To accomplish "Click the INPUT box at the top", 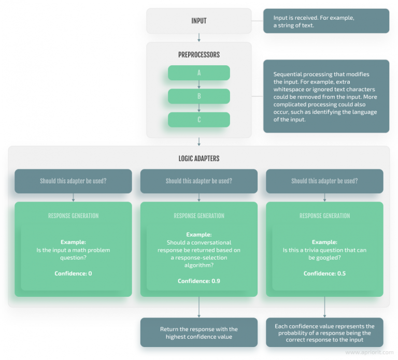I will click(x=198, y=21).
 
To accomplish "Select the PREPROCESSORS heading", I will click(x=198, y=54).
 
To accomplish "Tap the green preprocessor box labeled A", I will click(x=198, y=73).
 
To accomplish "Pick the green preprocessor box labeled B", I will click(x=198, y=96).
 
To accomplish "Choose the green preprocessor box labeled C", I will click(x=198, y=120).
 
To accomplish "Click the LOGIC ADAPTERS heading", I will click(x=198, y=158).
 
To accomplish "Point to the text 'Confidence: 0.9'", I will click(x=198, y=281).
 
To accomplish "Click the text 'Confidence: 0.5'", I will click(x=324, y=273).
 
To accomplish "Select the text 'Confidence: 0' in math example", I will click(x=73, y=273).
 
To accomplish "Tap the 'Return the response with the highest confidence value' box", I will click(x=198, y=333).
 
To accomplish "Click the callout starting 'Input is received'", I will click(x=326, y=21).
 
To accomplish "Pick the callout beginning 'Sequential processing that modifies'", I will click(x=326, y=96).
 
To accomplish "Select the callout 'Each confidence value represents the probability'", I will click(x=324, y=333).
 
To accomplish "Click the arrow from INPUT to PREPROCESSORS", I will click(x=198, y=38).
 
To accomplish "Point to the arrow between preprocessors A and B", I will click(x=198, y=84).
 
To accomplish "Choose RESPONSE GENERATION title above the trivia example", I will click(x=324, y=215).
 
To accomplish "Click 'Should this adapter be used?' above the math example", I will click(x=73, y=181).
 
